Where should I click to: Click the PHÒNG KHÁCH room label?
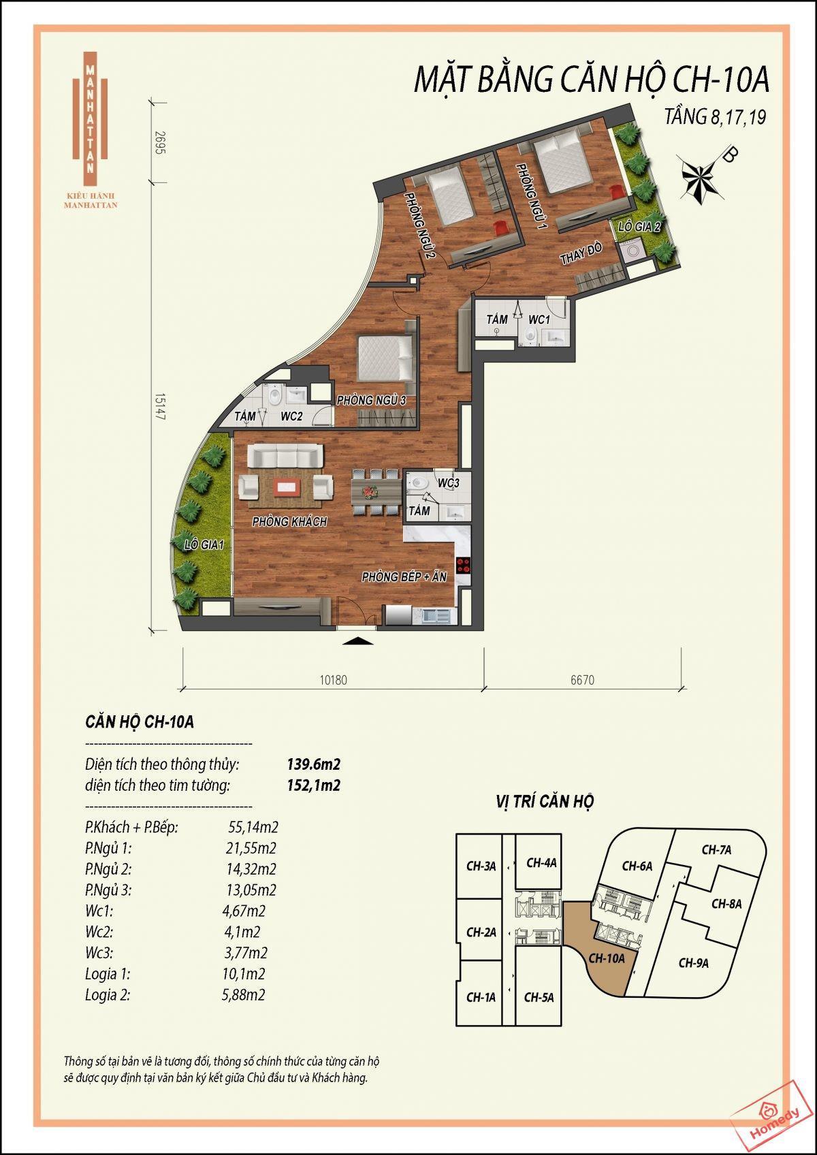point(289,521)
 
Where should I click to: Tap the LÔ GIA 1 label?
point(204,544)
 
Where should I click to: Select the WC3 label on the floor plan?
point(448,483)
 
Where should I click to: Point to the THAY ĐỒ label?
point(581,253)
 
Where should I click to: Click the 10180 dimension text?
point(333,680)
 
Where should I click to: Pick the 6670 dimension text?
point(582,680)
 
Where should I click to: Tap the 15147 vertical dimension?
point(160,407)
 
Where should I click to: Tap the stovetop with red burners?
point(463,566)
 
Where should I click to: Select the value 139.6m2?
point(314,764)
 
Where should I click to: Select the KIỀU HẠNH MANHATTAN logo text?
point(91,201)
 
